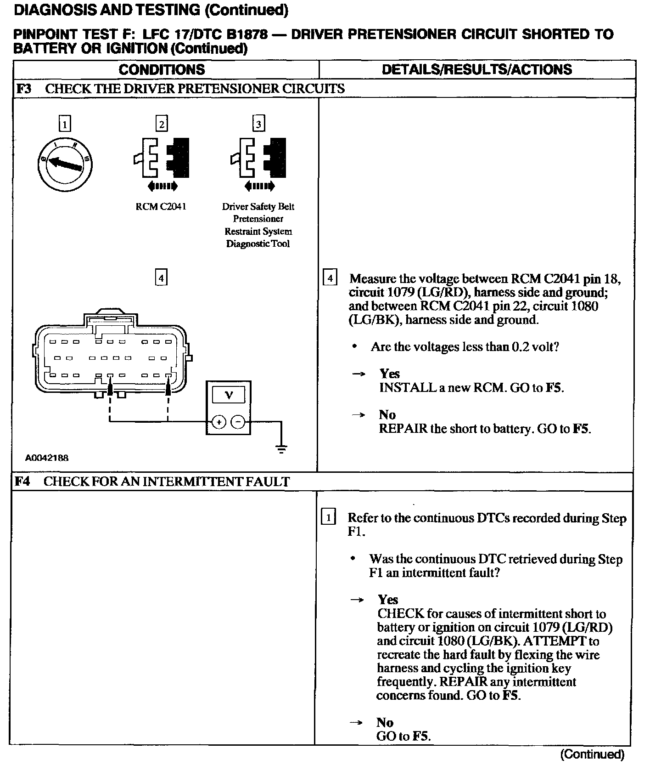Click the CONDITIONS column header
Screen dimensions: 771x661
162,69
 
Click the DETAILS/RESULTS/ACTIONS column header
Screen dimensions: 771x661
476,69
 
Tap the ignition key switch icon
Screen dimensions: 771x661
65,164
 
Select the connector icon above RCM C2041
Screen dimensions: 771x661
162,158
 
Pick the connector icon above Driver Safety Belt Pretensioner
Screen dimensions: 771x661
258,158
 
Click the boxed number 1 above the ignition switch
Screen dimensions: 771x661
65,124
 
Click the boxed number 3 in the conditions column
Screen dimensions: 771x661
258,124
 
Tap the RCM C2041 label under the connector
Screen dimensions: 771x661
161,207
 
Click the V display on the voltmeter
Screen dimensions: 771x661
228,394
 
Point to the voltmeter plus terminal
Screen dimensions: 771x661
218,421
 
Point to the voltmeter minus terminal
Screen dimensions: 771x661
237,421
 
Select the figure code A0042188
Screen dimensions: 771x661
47,458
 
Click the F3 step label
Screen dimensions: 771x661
23,88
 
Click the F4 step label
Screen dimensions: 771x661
22,481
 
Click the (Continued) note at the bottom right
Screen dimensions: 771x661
592,754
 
